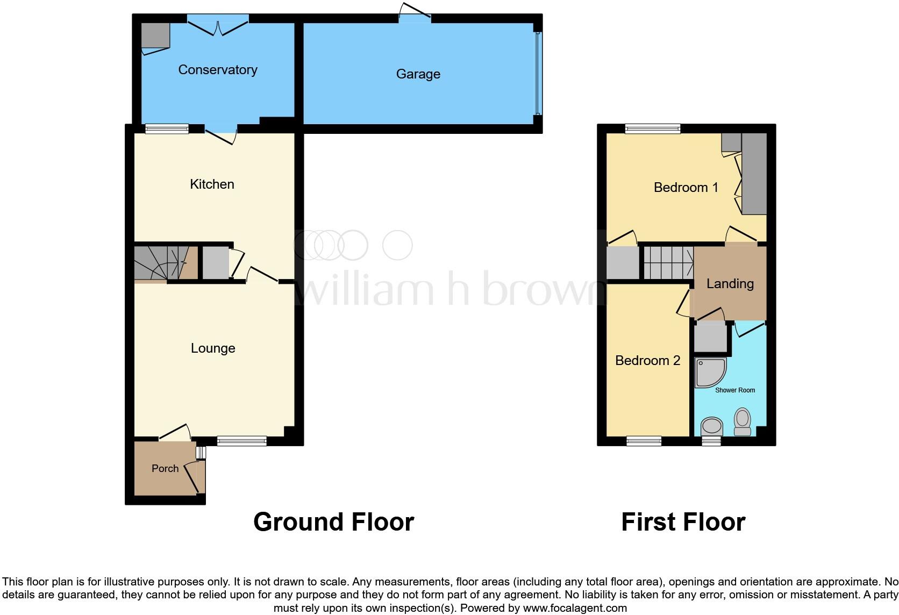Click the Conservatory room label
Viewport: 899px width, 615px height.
[x=217, y=70]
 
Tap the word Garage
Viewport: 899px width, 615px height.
[x=418, y=74]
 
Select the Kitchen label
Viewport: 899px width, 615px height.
[x=212, y=184]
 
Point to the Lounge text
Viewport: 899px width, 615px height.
[x=213, y=348]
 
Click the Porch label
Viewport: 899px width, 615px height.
[x=165, y=469]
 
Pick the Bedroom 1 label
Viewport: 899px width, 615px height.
[x=686, y=188]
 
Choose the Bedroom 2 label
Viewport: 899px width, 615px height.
[x=647, y=361]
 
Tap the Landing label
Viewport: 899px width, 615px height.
[x=730, y=284]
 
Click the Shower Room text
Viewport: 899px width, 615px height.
[x=734, y=390]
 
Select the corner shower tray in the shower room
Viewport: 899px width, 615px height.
[x=709, y=373]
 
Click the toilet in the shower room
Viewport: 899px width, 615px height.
[x=743, y=422]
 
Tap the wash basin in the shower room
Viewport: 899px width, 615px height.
[x=712, y=427]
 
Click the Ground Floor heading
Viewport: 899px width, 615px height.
[x=333, y=522]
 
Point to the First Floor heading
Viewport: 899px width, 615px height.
[x=683, y=522]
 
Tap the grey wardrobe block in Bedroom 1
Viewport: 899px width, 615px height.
[x=754, y=173]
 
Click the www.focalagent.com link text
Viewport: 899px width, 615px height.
[x=575, y=609]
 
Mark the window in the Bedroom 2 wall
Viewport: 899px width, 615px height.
[x=644, y=441]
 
